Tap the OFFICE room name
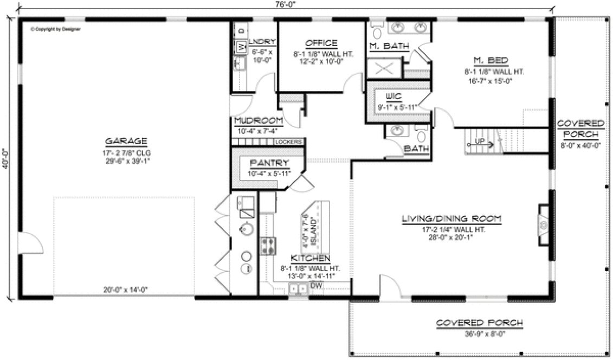click(x=321, y=43)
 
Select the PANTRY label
click(x=262, y=163)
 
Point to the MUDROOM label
click(x=258, y=120)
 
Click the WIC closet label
click(x=393, y=97)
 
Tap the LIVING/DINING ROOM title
click(x=451, y=219)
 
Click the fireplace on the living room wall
click(x=542, y=223)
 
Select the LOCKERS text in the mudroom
click(x=288, y=143)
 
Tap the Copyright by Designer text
click(x=55, y=29)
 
